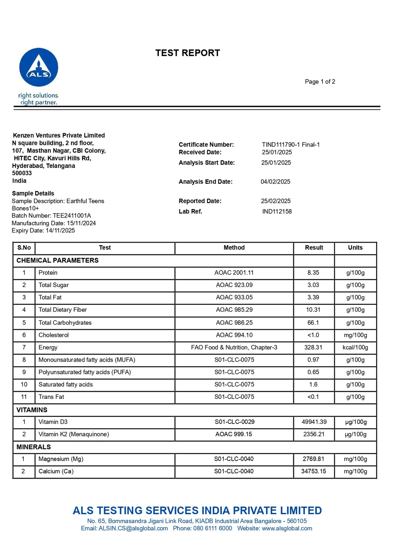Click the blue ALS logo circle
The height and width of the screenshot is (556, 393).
39,67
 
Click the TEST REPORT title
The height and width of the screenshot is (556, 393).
188,53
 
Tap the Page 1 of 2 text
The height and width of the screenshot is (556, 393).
320,81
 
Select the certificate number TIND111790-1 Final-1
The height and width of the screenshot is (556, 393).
291,144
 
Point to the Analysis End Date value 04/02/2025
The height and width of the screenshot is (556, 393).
275,182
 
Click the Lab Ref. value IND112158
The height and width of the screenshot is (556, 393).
277,211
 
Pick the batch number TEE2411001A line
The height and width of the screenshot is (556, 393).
51,216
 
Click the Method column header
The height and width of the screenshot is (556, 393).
234,248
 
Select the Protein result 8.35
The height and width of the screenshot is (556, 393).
313,273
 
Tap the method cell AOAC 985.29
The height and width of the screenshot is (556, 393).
234,310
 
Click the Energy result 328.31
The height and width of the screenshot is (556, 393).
313,347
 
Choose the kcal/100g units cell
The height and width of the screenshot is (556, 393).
355,347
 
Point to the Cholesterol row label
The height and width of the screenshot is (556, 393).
54,335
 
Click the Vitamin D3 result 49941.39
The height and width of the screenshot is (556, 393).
314,422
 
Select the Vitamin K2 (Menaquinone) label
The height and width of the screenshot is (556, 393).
74,434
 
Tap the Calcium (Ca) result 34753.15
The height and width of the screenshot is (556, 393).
314,471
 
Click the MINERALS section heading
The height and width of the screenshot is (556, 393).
34,447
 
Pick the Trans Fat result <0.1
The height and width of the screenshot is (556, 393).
313,397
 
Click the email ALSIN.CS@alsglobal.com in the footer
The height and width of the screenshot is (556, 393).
133,528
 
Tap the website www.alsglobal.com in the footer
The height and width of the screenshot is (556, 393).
287,528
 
